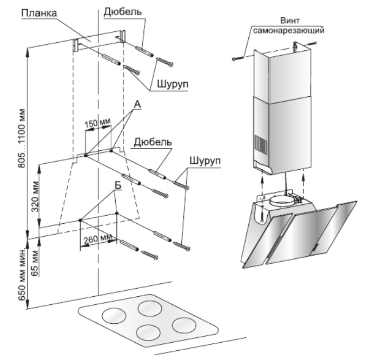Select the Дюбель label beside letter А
tap(153, 142)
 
